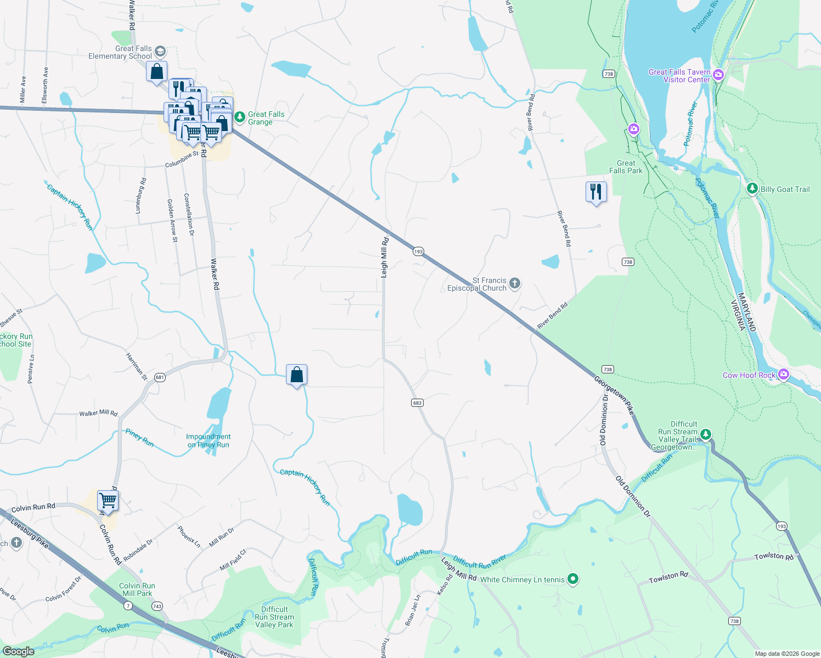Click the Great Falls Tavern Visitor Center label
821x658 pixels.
tap(679, 76)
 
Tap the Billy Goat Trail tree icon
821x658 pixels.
tap(752, 189)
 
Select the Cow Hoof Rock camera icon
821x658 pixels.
tap(784, 375)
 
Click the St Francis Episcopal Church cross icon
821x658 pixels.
tap(514, 283)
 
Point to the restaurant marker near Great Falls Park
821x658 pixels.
tap(596, 192)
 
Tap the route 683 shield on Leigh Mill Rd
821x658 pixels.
tap(417, 402)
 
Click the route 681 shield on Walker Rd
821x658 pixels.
tap(160, 377)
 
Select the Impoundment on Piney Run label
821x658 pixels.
tap(208, 441)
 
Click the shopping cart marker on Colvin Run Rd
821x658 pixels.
tap(108, 501)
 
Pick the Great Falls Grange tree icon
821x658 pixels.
tap(240, 117)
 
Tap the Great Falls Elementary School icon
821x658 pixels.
tap(160, 52)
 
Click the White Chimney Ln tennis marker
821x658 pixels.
tap(573, 578)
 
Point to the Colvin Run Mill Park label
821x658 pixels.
tap(137, 589)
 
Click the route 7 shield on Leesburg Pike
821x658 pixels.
tap(128, 605)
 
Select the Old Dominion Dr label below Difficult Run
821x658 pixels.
tap(633, 497)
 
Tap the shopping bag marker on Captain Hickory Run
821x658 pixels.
tap(296, 375)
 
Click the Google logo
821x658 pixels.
tap(18, 651)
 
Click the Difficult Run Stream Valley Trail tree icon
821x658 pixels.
tap(706, 435)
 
